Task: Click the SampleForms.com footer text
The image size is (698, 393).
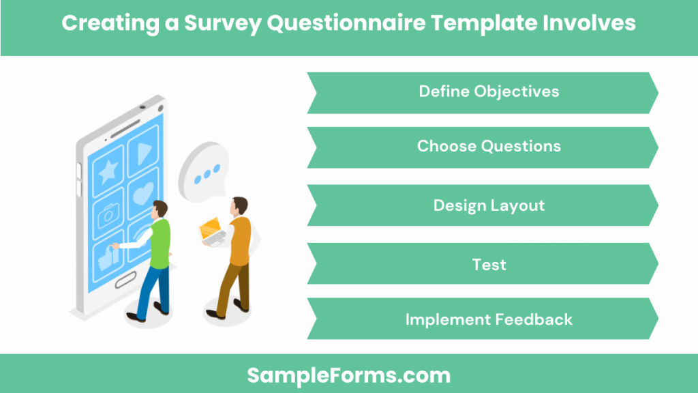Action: tap(348, 375)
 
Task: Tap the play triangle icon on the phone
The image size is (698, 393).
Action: tap(143, 154)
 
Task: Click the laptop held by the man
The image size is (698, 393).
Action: tap(211, 230)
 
